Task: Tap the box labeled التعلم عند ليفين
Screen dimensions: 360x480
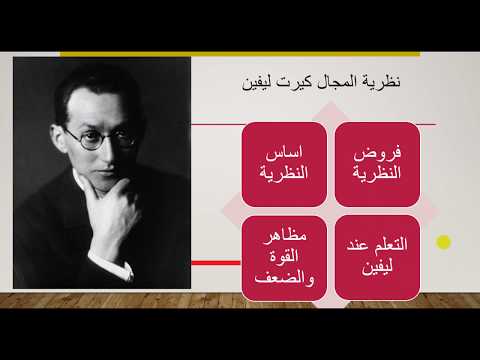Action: pos(377,255)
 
